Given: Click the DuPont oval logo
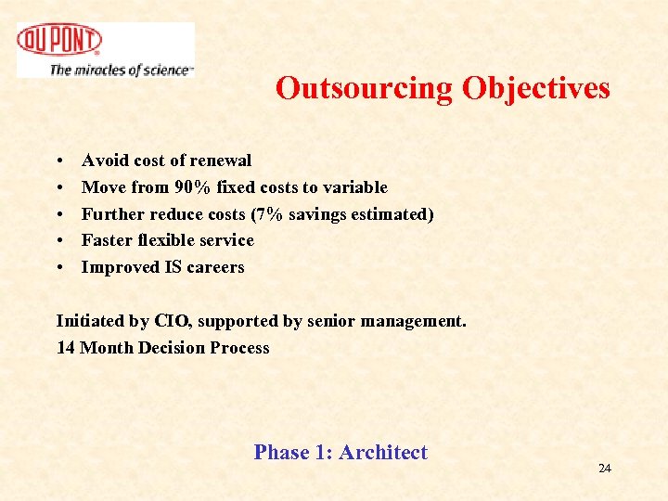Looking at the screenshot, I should point(59,40).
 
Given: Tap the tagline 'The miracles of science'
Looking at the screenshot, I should point(121,70).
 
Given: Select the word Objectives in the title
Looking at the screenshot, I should point(536,88).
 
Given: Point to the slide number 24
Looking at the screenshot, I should point(605,469).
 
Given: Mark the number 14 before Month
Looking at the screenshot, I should point(66,348).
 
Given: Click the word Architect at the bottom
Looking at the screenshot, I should point(383,453).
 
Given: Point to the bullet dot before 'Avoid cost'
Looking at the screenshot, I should point(59,161).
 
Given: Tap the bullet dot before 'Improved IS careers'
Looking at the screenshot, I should point(59,268).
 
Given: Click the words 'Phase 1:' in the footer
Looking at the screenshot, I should point(293,453).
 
